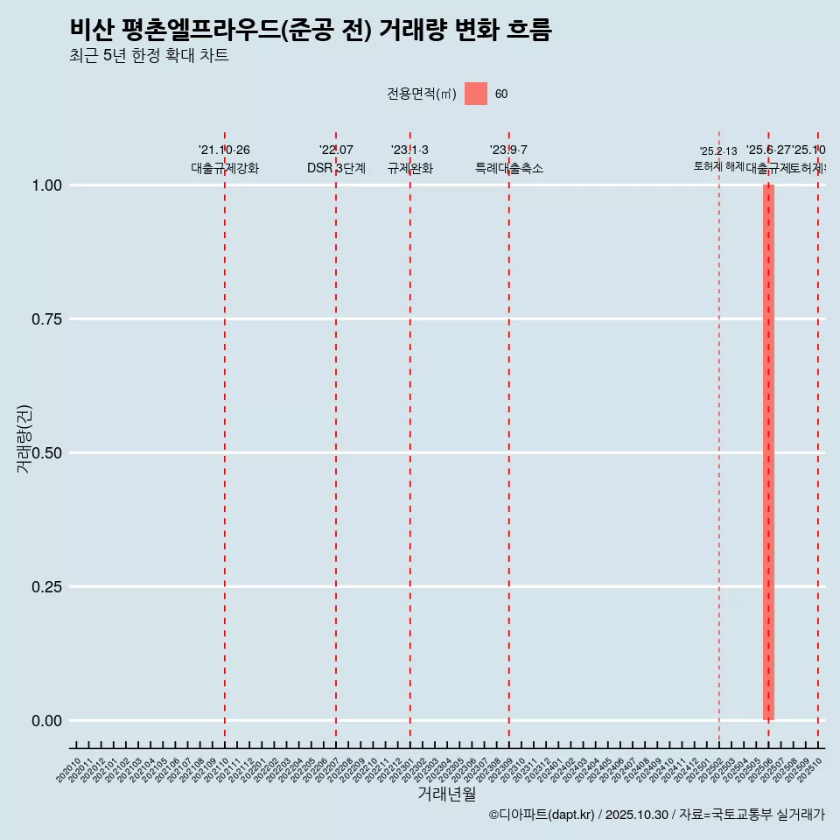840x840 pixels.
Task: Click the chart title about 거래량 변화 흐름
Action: tap(311, 30)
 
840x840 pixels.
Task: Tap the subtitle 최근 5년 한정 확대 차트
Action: tap(149, 56)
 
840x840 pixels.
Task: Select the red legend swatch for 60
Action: tap(475, 94)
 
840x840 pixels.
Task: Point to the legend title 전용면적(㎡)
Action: tap(422, 94)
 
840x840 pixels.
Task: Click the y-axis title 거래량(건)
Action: tap(24, 438)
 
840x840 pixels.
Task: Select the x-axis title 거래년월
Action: tap(447, 794)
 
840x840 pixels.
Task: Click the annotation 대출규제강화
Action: tap(225, 168)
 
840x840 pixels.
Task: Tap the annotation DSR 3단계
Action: tap(336, 168)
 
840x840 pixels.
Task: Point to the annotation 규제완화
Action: tap(410, 168)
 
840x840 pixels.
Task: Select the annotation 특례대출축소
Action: tap(509, 168)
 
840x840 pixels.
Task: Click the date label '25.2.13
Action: tap(718, 151)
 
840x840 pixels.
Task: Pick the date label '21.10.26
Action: tap(224, 150)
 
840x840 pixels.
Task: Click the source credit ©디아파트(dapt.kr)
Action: tap(542, 815)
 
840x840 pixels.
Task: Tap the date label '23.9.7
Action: tap(508, 150)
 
